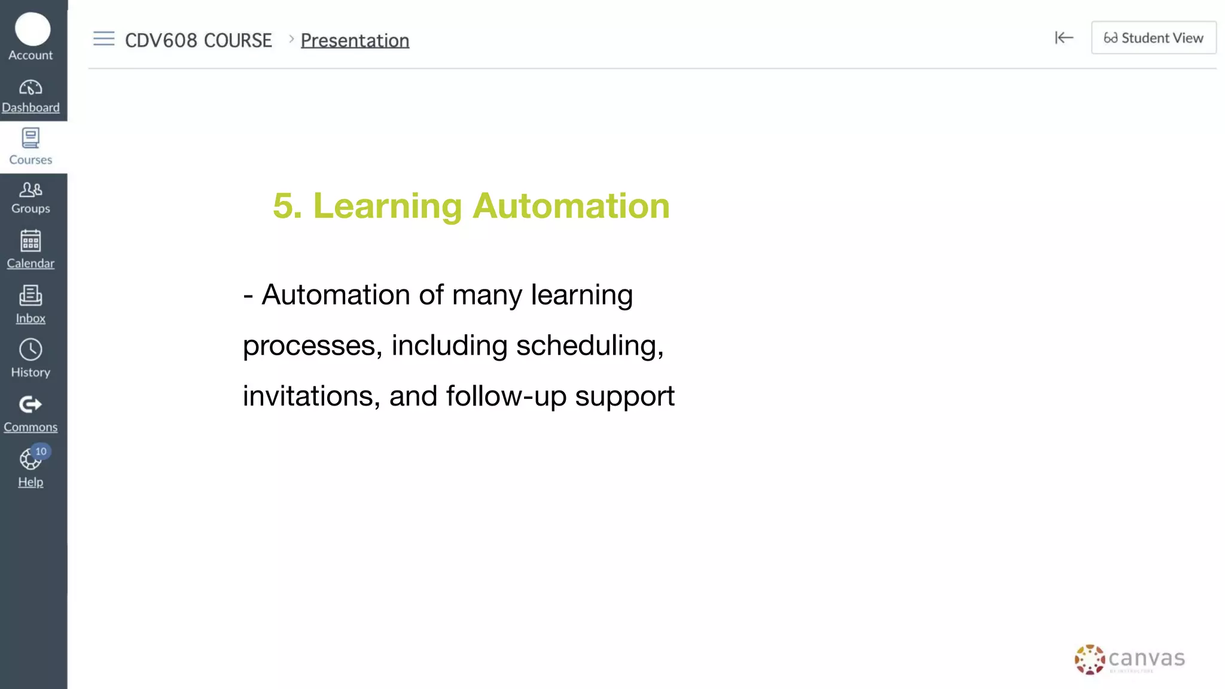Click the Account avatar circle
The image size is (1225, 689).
click(x=32, y=29)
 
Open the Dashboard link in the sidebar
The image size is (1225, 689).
click(x=31, y=108)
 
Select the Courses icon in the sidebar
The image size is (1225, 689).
click(x=31, y=138)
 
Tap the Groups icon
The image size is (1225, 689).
click(x=31, y=190)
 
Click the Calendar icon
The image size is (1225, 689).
click(x=31, y=241)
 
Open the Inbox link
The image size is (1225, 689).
click(x=31, y=318)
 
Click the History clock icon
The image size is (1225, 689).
click(x=31, y=350)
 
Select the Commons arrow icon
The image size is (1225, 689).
click(x=31, y=405)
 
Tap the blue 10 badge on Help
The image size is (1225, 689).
click(x=41, y=452)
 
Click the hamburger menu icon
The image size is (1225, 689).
click(x=103, y=39)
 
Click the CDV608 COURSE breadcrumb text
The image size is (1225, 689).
click(x=198, y=41)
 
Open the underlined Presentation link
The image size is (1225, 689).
click(x=355, y=41)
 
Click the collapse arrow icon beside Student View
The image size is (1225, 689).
click(x=1064, y=38)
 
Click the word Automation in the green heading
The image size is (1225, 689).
click(x=571, y=206)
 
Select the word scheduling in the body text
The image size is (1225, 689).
click(x=589, y=346)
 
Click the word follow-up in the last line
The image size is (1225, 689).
click(x=506, y=396)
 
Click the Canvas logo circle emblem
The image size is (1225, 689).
click(x=1089, y=660)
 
